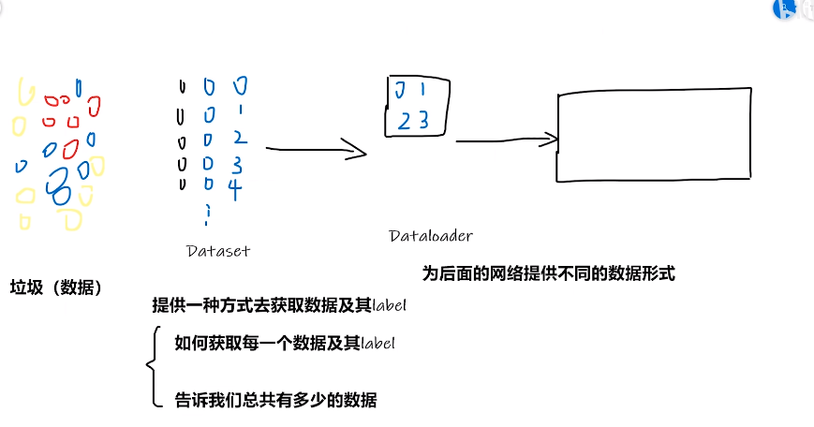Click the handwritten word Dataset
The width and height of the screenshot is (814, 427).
click(x=218, y=250)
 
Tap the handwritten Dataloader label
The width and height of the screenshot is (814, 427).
click(x=431, y=236)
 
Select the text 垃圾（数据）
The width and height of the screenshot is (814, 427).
click(x=55, y=287)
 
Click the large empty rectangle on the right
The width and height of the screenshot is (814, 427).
click(x=654, y=134)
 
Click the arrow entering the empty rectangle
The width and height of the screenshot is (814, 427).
click(x=506, y=141)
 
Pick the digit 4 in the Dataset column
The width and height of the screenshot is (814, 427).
click(x=235, y=188)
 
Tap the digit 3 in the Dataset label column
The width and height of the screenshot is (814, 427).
click(x=237, y=165)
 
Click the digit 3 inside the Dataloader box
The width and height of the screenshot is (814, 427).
click(x=423, y=119)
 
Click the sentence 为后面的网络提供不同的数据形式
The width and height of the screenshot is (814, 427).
click(x=548, y=273)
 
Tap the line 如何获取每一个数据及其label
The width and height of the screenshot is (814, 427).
click(x=285, y=343)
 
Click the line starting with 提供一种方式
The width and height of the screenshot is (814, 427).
click(x=279, y=305)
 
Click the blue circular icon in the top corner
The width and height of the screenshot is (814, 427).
click(x=785, y=8)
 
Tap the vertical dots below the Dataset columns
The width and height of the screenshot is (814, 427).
click(x=206, y=216)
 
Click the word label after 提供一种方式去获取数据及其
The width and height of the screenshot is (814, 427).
click(x=389, y=305)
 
